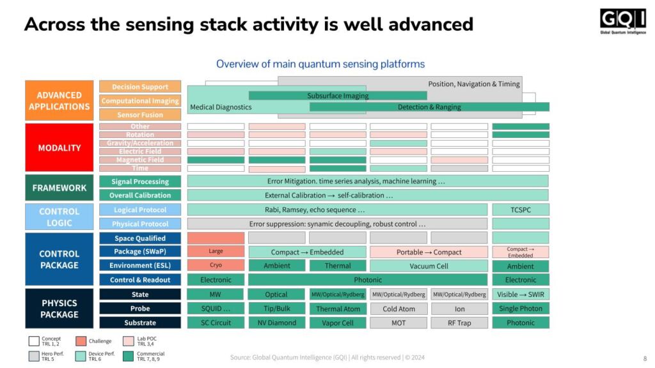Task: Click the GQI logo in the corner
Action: [622, 22]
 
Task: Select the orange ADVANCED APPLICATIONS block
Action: [59, 101]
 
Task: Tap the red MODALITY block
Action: [59, 148]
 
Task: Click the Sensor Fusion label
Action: [140, 115]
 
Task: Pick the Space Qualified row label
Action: [140, 238]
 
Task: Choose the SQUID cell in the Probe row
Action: [216, 309]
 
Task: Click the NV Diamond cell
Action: [276, 323]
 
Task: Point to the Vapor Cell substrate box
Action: [338, 323]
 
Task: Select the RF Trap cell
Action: [459, 323]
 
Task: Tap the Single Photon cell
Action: [521, 309]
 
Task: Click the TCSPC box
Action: [521, 210]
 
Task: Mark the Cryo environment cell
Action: [216, 265]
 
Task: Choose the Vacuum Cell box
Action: [429, 265]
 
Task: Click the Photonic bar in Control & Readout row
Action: [368, 280]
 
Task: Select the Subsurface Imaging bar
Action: [338, 96]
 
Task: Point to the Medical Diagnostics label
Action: [221, 107]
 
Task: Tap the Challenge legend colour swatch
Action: [81, 341]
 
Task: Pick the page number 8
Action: [644, 358]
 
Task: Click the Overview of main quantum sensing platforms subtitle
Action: [320, 64]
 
